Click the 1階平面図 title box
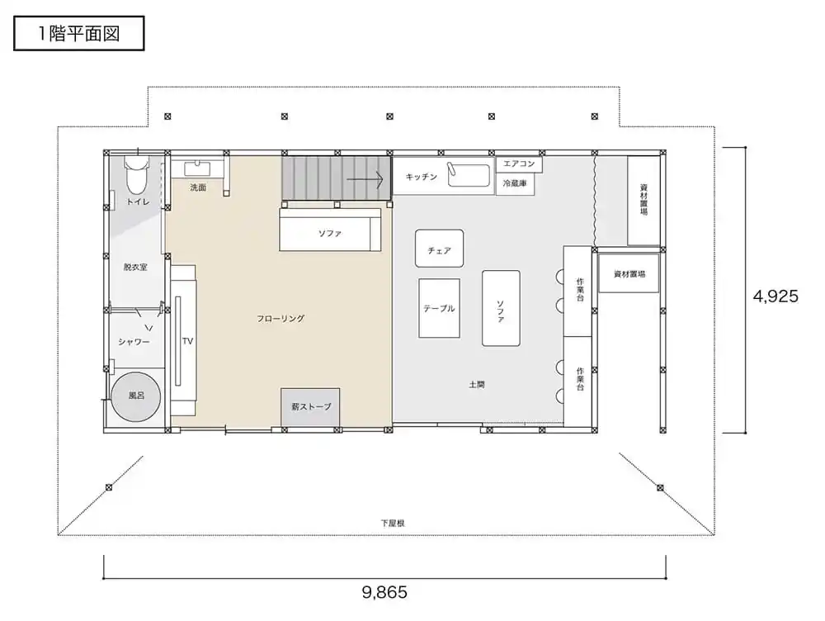[x=79, y=33]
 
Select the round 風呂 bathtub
[x=136, y=396]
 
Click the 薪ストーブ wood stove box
[x=310, y=407]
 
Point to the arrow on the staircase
[x=365, y=179]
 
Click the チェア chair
[x=440, y=248]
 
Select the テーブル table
[x=440, y=308]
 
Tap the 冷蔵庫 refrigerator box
[x=515, y=184]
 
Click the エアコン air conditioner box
[x=519, y=164]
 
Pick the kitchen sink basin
[x=469, y=175]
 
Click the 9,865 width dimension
[x=384, y=593]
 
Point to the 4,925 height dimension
[x=775, y=296]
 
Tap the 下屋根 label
[x=393, y=523]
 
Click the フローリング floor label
[x=280, y=319]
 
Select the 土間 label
[x=477, y=385]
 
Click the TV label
[x=188, y=341]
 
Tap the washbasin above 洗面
[x=197, y=169]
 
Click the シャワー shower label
[x=134, y=342]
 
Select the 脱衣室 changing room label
[x=135, y=267]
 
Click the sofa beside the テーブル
[x=501, y=308]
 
